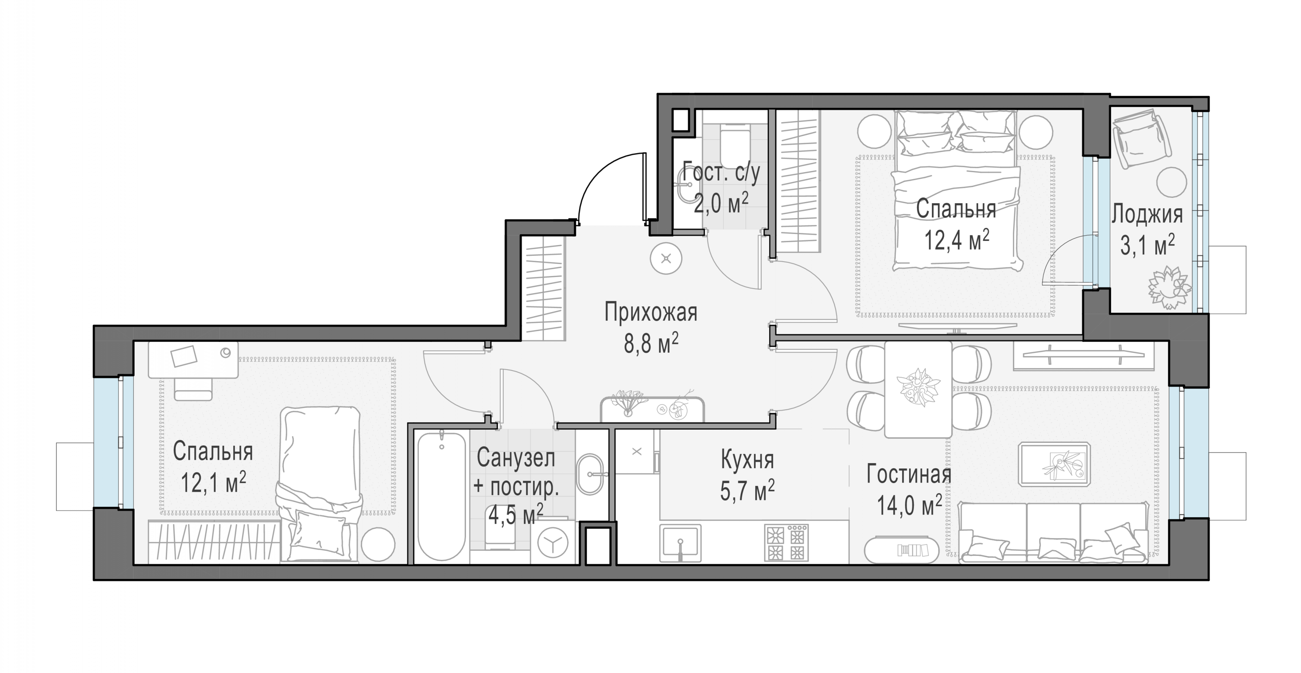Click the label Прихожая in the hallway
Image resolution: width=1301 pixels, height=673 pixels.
(651, 312)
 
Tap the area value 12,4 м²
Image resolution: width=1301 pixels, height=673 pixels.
(956, 240)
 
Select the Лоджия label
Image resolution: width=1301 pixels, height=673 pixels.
(1147, 214)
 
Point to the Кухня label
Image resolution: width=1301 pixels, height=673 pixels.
(747, 460)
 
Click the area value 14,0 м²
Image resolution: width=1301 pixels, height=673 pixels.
(909, 504)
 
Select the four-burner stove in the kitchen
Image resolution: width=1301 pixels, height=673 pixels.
(786, 543)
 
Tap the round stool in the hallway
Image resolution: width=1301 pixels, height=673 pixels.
(666, 259)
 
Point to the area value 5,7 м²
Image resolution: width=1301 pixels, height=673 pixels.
(747, 490)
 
